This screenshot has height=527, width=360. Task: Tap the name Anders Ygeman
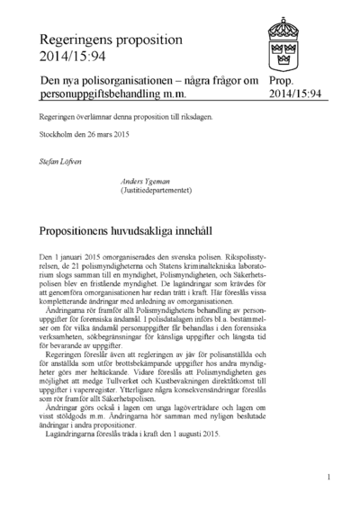click(144, 180)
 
